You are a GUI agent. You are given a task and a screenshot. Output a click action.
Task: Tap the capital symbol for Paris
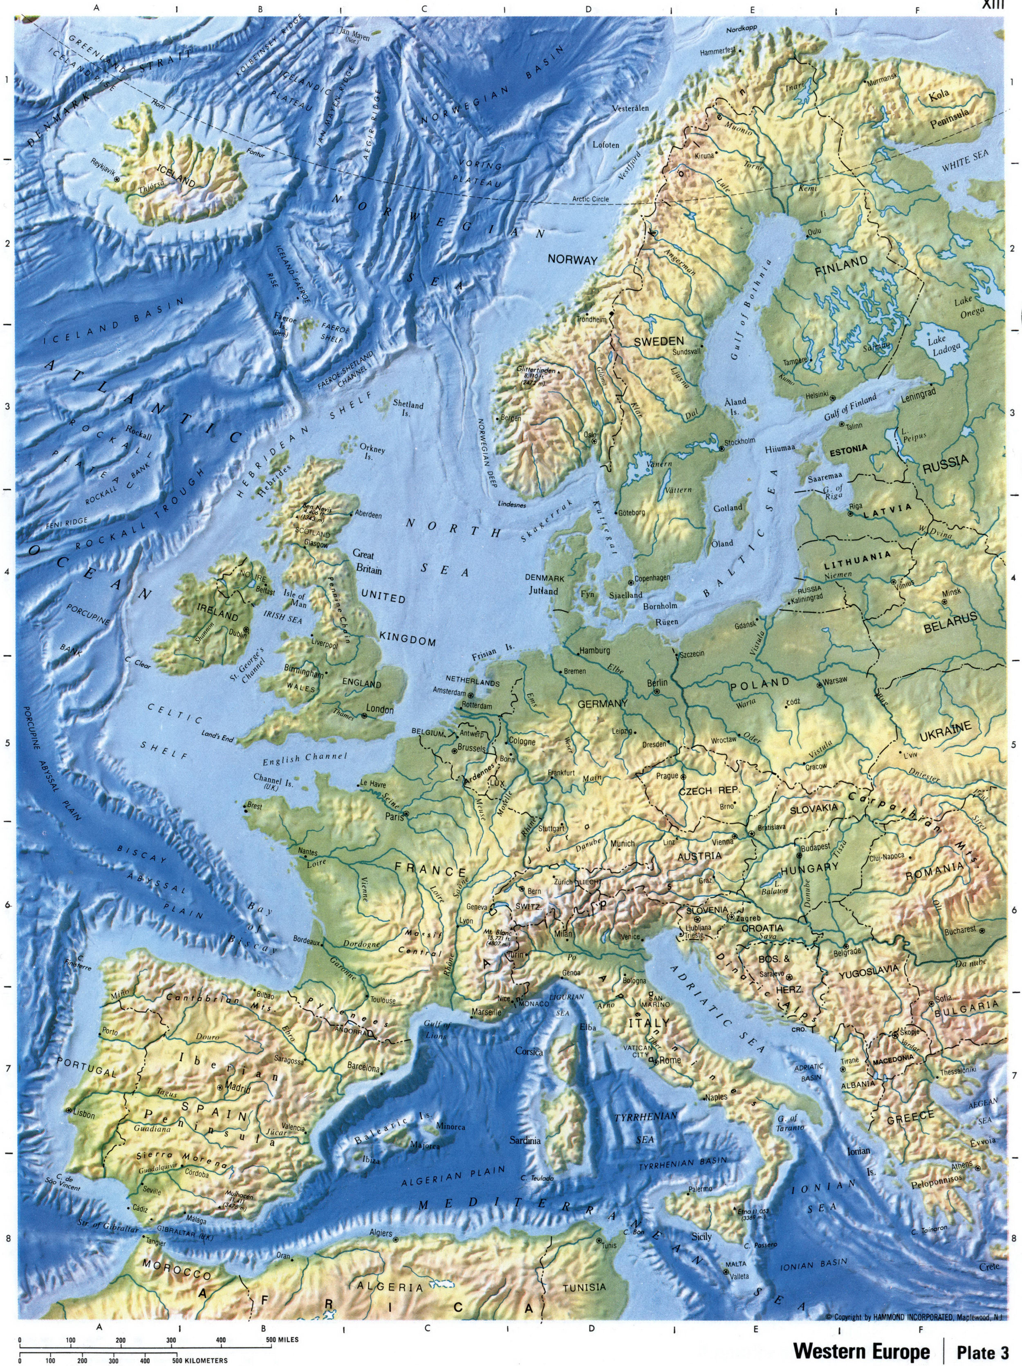point(406,813)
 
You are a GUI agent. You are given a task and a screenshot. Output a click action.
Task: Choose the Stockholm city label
point(740,442)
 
